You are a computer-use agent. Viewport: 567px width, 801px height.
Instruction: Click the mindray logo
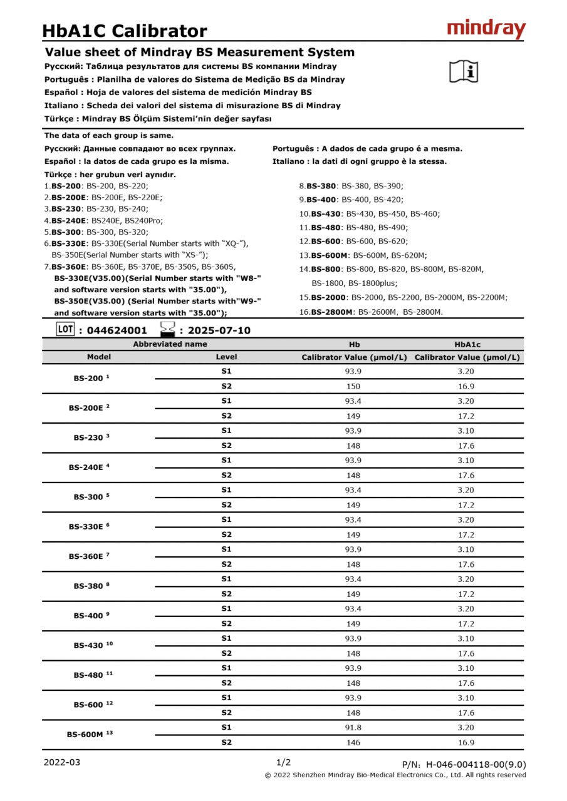click(486, 29)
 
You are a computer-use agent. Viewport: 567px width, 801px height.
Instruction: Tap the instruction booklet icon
click(464, 71)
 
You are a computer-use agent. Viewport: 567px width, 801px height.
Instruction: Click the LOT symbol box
click(65, 329)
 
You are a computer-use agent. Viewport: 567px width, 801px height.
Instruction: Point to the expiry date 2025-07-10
click(219, 330)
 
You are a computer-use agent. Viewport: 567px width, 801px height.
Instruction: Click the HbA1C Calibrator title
click(124, 31)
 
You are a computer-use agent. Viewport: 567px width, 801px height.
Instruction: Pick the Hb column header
click(354, 344)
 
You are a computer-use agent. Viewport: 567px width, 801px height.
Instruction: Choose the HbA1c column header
click(467, 344)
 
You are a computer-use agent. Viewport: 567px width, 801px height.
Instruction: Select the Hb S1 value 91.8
click(354, 728)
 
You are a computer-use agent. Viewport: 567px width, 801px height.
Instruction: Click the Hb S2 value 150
click(354, 387)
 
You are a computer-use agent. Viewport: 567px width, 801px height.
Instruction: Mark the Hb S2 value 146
click(354, 743)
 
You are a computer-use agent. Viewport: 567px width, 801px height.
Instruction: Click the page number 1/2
click(283, 762)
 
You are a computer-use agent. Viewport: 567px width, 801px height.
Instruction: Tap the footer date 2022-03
click(62, 762)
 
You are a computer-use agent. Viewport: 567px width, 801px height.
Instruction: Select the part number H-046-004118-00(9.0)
click(476, 764)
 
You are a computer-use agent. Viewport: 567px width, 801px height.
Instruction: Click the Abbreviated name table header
click(170, 344)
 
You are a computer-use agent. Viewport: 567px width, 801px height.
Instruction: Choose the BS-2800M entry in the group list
click(332, 312)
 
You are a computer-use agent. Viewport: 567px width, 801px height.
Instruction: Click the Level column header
click(226, 357)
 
